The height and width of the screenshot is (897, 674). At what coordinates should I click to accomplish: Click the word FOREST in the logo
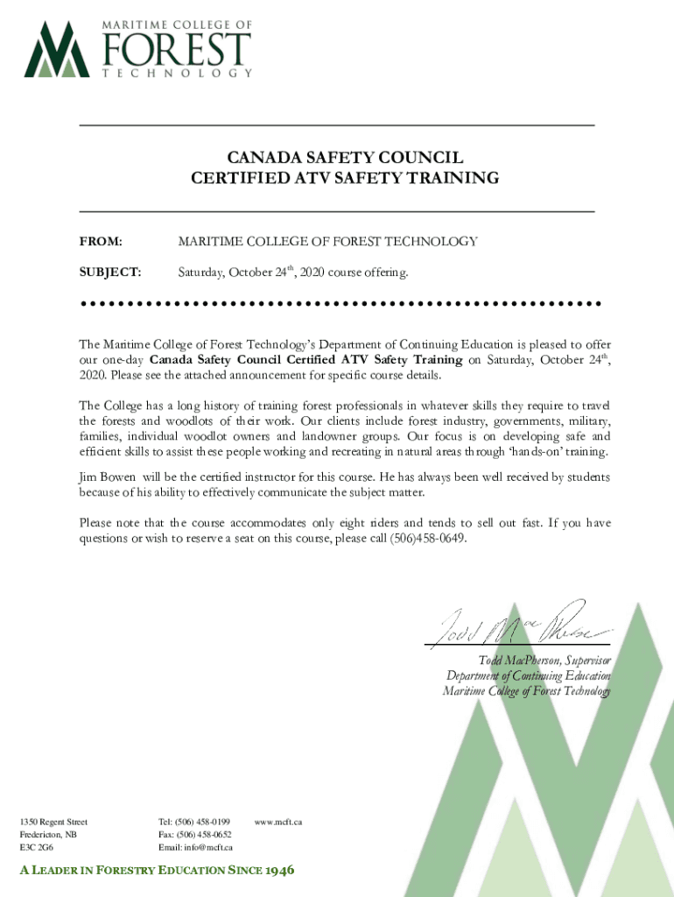click(178, 49)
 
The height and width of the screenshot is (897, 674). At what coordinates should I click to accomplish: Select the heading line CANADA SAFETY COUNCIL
click(345, 158)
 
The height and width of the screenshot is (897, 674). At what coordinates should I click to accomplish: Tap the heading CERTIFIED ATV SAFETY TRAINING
click(345, 179)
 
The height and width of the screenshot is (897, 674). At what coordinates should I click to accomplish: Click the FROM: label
click(101, 241)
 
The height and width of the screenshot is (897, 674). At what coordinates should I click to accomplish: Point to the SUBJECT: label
click(110, 272)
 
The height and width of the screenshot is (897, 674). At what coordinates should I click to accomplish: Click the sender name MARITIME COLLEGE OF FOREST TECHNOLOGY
click(327, 241)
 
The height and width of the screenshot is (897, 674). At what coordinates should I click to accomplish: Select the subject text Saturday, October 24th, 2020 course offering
click(293, 272)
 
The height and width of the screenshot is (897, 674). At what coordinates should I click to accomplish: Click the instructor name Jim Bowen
click(107, 477)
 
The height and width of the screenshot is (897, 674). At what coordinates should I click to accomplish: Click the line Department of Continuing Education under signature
click(528, 675)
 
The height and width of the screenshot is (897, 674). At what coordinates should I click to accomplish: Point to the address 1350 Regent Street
click(53, 822)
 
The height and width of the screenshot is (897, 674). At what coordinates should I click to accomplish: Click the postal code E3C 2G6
click(36, 848)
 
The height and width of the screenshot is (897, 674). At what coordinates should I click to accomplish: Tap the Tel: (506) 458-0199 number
click(193, 822)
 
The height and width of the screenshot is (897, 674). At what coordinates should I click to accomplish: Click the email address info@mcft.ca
click(207, 848)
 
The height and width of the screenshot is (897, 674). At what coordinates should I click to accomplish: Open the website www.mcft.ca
click(277, 822)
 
